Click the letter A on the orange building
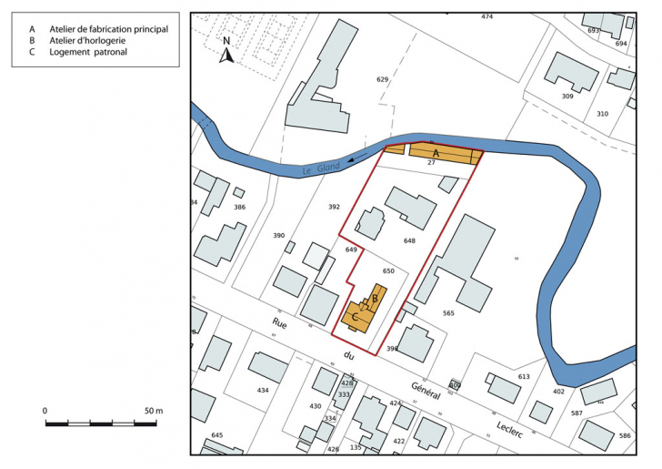tap(436, 153)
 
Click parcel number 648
tap(409, 241)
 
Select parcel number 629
tap(383, 80)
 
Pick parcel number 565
tap(448, 313)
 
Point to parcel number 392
tap(333, 207)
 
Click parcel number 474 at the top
tap(487, 16)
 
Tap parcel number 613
tap(524, 376)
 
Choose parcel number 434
tap(263, 390)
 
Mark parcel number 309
tap(567, 96)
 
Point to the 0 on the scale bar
tap(45, 411)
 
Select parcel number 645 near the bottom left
tap(216, 435)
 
